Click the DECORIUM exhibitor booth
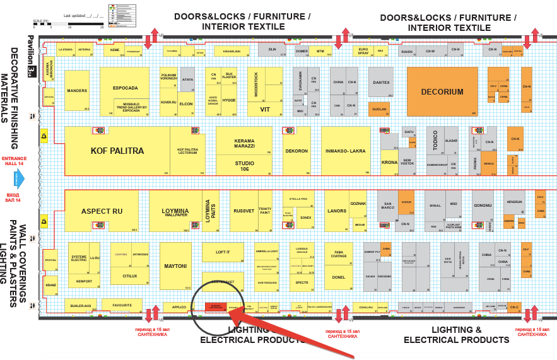442,91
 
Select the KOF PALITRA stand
117,151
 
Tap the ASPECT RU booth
102,211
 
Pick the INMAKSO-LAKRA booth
346,151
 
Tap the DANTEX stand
381,83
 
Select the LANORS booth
337,211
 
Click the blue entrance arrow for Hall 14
18,179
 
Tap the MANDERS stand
77,91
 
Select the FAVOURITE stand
122,306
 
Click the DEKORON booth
296,151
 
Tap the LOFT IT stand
223,252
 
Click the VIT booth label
265,109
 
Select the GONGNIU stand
483,206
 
